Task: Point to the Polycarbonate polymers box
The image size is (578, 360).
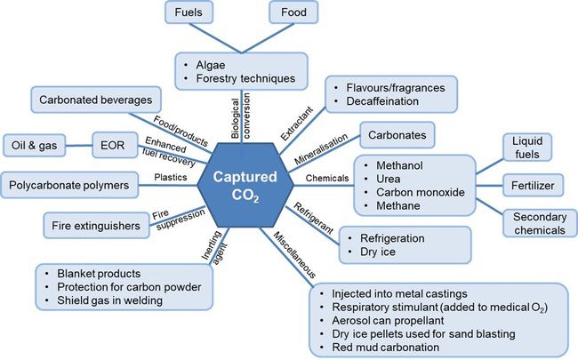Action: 70,187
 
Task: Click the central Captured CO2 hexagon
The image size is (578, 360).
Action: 243,181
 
